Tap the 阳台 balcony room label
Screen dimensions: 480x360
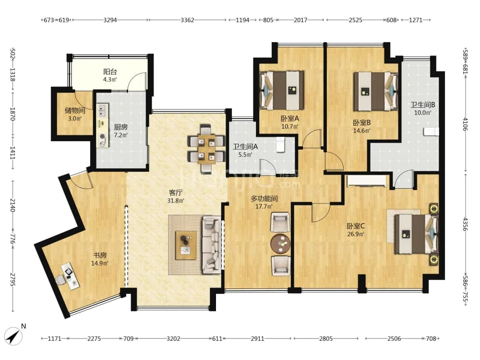click(110, 72)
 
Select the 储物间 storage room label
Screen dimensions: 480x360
click(75, 110)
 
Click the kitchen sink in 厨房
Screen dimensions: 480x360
click(102, 110)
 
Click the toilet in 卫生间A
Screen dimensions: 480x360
click(280, 145)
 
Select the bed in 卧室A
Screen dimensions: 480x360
click(282, 90)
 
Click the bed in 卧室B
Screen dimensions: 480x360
click(376, 91)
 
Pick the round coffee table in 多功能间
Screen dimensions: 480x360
click(280, 244)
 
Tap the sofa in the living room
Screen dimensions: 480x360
click(212, 245)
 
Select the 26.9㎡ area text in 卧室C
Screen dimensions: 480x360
click(355, 234)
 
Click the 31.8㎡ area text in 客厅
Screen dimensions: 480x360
click(176, 201)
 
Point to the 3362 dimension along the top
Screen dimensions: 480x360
click(187, 20)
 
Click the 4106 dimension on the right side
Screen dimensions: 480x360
click(465, 124)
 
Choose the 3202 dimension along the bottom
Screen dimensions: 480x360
click(173, 338)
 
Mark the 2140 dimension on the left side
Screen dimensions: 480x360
click(12, 205)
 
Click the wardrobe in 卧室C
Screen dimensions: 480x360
click(366, 181)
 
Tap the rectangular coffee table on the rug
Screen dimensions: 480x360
click(186, 245)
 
